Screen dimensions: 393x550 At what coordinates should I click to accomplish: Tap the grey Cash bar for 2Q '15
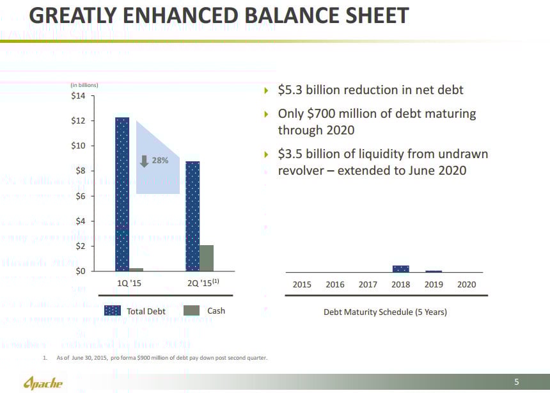[207, 258]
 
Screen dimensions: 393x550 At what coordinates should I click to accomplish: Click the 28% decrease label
[160, 161]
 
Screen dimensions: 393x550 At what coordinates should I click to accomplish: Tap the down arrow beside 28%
[145, 161]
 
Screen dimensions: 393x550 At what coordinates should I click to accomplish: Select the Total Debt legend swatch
[113, 311]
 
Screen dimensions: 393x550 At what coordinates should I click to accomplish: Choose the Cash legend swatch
[192, 311]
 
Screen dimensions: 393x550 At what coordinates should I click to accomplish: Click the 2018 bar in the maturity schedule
[401, 269]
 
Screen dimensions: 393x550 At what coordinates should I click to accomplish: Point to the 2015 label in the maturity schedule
[302, 284]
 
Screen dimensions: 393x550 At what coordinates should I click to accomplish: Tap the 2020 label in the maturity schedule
[467, 284]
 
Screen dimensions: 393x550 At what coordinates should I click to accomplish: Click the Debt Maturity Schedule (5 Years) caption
[385, 312]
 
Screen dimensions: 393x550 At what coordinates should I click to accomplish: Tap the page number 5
[516, 382]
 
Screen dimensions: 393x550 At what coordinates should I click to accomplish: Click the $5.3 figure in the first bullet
[292, 90]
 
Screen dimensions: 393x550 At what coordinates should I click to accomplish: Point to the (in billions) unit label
[84, 84]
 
